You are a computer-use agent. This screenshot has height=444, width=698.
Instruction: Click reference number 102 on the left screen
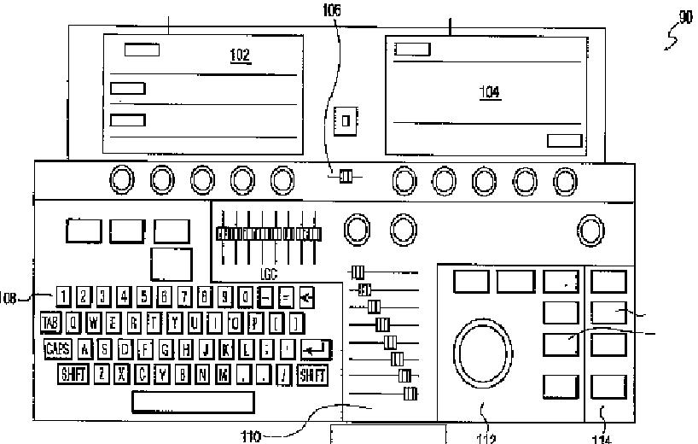[241, 56]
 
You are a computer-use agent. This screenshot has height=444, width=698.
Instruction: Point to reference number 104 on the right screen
[490, 92]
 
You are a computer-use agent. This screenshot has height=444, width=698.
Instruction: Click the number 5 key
[144, 297]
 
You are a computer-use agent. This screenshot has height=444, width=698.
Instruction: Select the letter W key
[93, 323]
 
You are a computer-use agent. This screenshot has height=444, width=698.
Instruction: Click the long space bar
[193, 402]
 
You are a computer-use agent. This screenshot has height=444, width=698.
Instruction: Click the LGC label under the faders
[269, 276]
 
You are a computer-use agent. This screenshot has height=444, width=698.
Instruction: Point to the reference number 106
[331, 10]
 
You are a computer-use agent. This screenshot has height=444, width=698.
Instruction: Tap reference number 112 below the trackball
[486, 438]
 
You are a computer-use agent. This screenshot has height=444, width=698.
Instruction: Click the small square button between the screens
[346, 120]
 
